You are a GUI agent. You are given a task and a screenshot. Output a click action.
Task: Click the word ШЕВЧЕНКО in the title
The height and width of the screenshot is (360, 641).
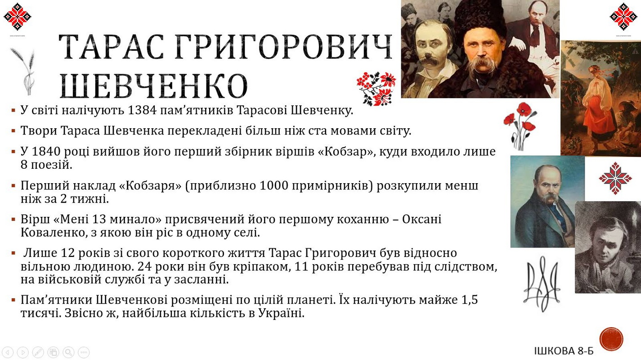click(154, 86)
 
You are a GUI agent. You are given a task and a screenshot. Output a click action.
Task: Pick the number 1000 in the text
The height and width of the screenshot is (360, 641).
click(274, 185)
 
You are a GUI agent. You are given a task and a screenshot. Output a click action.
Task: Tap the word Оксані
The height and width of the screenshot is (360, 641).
click(422, 219)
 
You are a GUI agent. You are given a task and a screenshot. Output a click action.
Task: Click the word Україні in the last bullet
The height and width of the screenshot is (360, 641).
click(281, 313)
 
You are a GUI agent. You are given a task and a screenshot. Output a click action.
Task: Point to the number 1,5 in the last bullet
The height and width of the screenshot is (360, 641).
click(470, 300)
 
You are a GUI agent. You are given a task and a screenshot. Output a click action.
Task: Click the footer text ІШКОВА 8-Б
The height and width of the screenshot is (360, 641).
click(564, 351)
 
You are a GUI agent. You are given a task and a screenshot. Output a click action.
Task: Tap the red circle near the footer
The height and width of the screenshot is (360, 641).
click(611, 339)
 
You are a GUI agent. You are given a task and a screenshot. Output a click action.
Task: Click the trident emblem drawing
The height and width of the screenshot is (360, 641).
click(542, 283)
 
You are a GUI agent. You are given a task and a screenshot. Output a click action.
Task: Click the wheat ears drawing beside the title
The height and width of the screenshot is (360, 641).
click(25, 71)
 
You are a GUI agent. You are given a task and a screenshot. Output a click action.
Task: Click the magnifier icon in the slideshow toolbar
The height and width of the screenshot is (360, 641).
click(68, 352)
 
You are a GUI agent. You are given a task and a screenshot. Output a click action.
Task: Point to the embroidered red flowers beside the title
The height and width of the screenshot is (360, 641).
click(377, 89)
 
